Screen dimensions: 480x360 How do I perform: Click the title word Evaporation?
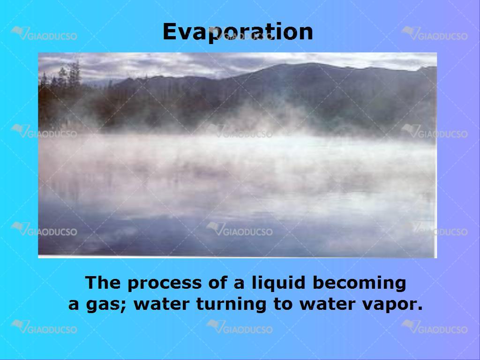pyautogui.click(x=238, y=32)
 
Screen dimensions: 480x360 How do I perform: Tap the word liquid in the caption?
pyautogui.click(x=278, y=283)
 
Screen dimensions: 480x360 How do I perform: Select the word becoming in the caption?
pyautogui.click(x=360, y=283)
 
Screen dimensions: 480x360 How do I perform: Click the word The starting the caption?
pyautogui.click(x=103, y=282)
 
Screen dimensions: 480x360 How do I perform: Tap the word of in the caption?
pyautogui.click(x=218, y=282)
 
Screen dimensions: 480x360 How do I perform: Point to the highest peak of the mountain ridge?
pyautogui.click(x=309, y=63)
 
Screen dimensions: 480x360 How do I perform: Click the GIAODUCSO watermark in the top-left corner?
pyautogui.click(x=44, y=33)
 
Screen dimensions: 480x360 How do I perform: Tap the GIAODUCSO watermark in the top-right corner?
pyautogui.click(x=435, y=33)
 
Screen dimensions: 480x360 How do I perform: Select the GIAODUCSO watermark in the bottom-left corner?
pyautogui.click(x=44, y=327)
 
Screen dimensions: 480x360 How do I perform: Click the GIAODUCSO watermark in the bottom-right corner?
pyautogui.click(x=435, y=327)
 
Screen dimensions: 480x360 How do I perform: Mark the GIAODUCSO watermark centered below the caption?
pyautogui.click(x=240, y=327)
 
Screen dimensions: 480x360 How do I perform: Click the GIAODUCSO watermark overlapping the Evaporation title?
pyautogui.click(x=240, y=33)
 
